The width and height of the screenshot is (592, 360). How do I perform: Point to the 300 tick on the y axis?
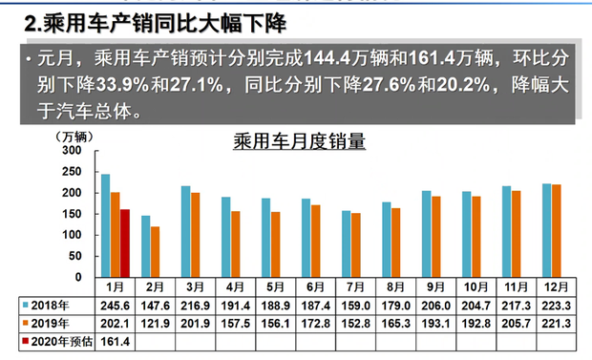72,151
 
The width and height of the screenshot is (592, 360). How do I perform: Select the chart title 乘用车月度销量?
300,142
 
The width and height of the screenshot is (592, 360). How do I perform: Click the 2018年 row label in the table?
51,305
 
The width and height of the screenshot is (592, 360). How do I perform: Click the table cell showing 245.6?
115,305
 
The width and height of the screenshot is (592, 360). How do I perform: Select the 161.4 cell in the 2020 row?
115,340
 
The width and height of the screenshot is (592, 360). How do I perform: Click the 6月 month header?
312,286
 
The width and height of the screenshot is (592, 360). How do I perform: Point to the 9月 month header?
432,286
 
